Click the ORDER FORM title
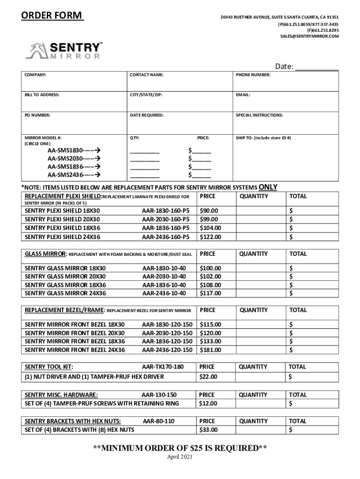click(x=52, y=16)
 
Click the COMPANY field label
click(x=35, y=74)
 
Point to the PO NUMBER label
click(x=37, y=115)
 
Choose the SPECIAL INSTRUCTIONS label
click(x=259, y=115)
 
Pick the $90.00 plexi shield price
click(x=209, y=210)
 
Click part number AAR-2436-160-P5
click(x=166, y=237)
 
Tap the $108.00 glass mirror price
click(x=210, y=285)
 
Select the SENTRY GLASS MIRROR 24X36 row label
click(x=65, y=293)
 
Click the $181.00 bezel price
click(x=210, y=350)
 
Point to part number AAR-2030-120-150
click(x=167, y=333)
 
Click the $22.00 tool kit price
click(x=209, y=377)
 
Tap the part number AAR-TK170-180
click(x=162, y=367)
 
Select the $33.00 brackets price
click(x=209, y=430)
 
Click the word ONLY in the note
click(x=267, y=188)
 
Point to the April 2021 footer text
click(x=180, y=457)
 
